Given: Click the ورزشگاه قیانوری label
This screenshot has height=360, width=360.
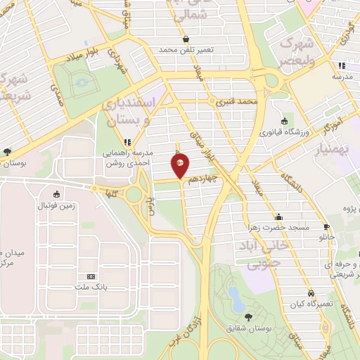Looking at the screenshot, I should coord(283,131).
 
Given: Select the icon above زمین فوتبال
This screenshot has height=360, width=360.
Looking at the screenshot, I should coord(55,193).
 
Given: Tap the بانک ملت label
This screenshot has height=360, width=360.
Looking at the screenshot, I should coord(90,287).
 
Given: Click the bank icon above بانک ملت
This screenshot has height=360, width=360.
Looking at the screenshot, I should coord(90,276).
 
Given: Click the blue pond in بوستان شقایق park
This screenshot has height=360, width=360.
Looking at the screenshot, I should coord(236,302).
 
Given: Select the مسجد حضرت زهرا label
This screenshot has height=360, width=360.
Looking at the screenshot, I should coord(278,227).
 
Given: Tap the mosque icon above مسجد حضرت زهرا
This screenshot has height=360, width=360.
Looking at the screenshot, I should coord(279,217).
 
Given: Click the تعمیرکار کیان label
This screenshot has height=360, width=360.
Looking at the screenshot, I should coord(310,304).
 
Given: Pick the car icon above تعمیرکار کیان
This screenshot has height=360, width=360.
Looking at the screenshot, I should coord(310,293).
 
